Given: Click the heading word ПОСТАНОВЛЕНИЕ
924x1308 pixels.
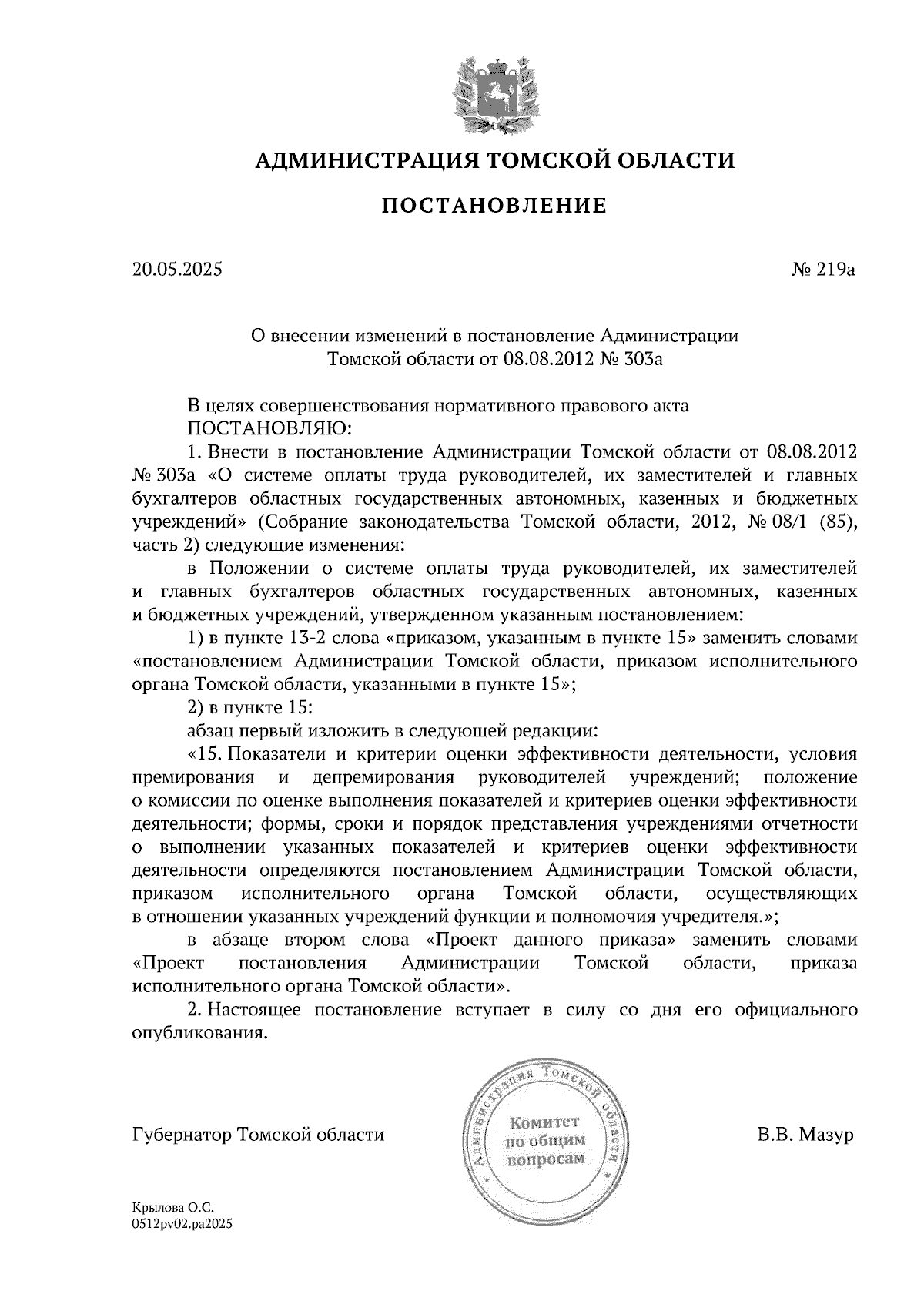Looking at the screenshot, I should tap(494, 206).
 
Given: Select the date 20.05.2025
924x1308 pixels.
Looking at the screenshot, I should tap(176, 270).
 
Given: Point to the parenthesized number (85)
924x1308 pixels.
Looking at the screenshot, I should tap(838, 522).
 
